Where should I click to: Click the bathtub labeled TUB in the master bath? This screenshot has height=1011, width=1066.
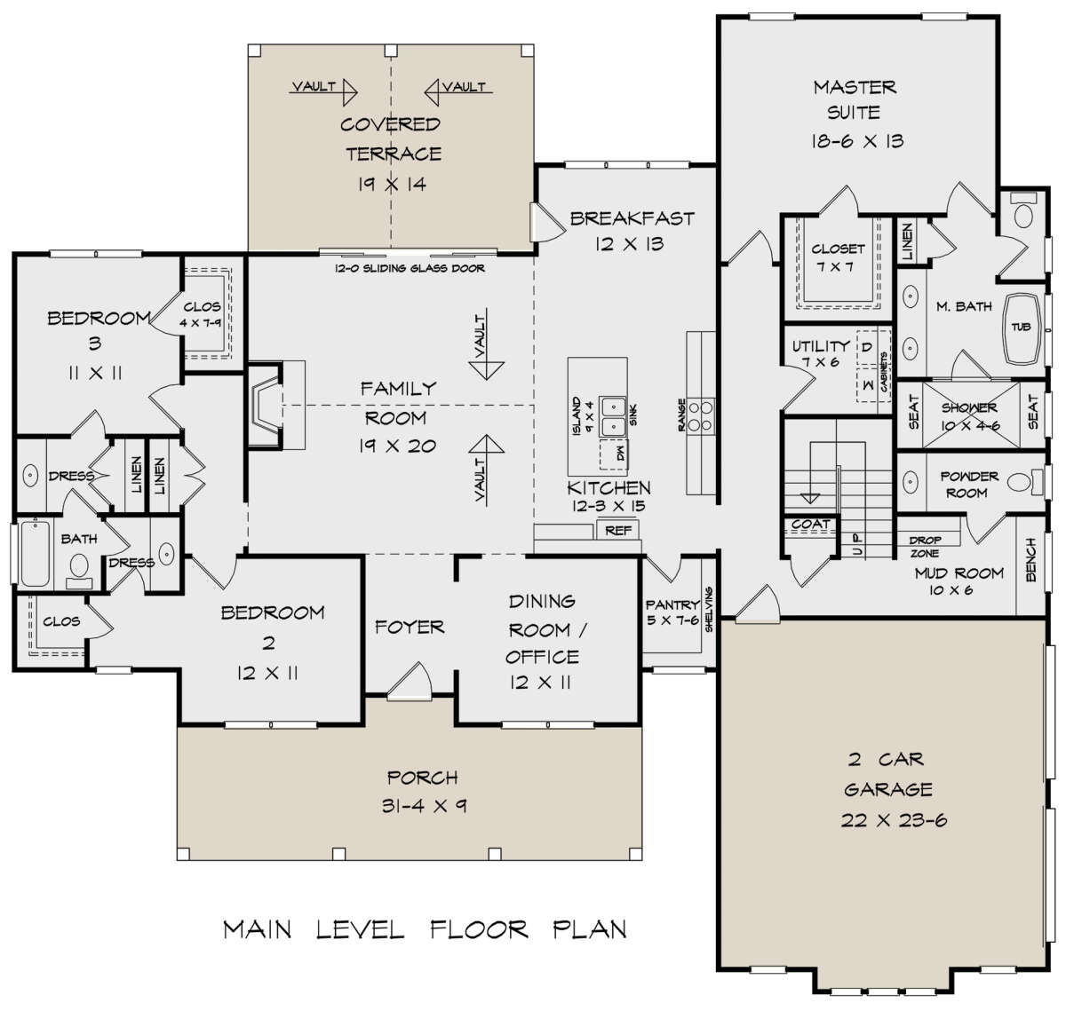(1021, 328)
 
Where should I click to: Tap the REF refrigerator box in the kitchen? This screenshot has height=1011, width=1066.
(617, 529)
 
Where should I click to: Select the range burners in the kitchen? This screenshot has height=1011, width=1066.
(700, 416)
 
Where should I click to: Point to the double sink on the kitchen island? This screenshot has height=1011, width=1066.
(614, 416)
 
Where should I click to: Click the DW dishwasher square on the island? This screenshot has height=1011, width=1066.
(614, 454)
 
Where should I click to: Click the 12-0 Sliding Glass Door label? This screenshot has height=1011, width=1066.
(410, 268)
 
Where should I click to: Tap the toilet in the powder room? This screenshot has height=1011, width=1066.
(1025, 482)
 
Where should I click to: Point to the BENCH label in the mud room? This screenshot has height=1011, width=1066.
(1030, 559)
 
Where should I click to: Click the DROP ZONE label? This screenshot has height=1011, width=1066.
(925, 547)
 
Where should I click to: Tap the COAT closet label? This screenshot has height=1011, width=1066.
(810, 525)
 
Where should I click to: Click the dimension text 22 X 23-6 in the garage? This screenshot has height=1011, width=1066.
(894, 820)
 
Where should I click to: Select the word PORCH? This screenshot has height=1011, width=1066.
(422, 778)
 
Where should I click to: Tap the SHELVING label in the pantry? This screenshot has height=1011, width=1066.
(708, 610)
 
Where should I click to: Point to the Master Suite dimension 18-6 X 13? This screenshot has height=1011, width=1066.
(856, 141)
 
